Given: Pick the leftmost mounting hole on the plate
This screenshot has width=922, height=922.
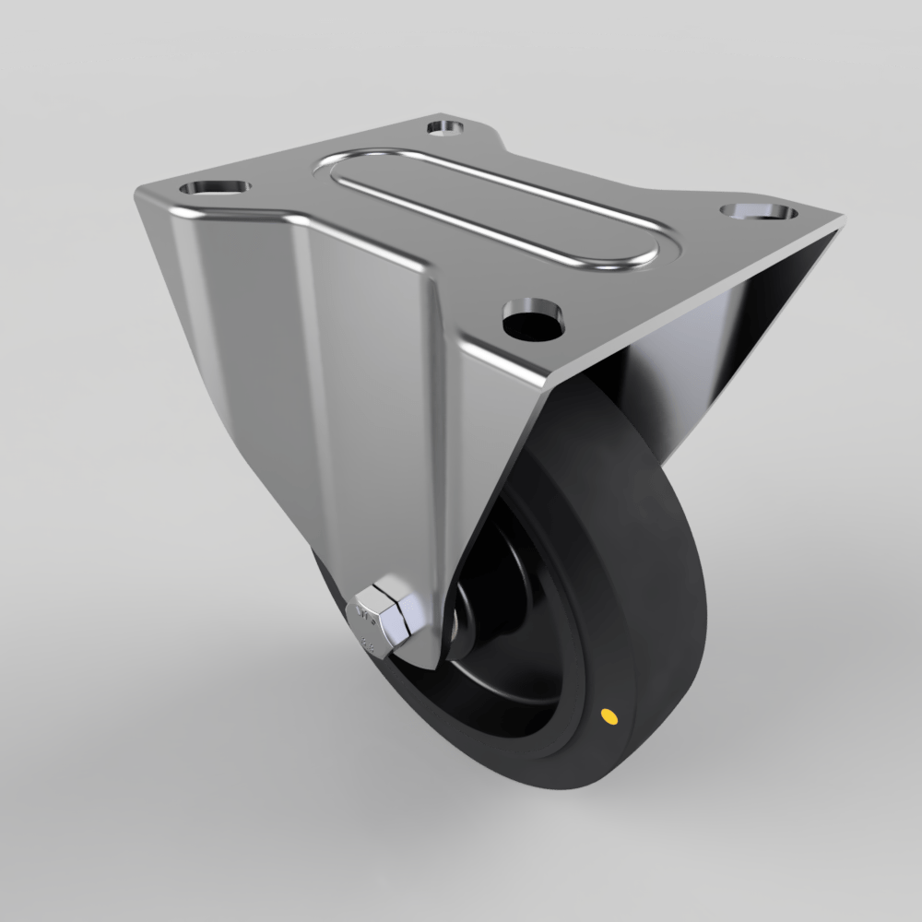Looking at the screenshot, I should pyautogui.click(x=216, y=186).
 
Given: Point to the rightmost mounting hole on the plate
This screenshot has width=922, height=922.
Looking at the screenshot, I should pyautogui.click(x=759, y=212).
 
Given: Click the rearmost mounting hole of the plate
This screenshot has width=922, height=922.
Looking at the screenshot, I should pyautogui.click(x=447, y=126).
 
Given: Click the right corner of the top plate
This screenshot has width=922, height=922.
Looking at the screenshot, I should pyautogui.click(x=841, y=221).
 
